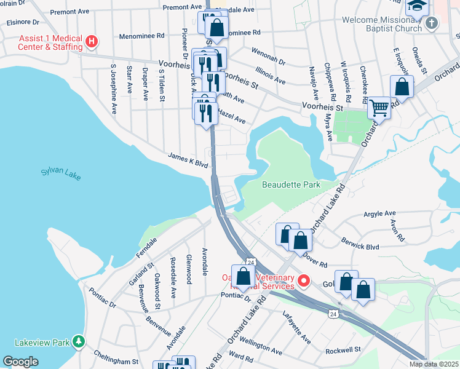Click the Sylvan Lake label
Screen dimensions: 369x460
tap(60, 174)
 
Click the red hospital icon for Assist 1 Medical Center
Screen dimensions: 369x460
tap(92, 42)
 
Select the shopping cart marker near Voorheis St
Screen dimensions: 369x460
tap(379, 108)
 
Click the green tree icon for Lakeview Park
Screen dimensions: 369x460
tap(78, 341)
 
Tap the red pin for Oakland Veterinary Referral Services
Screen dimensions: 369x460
tap(303, 280)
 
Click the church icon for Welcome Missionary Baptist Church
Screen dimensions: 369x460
tap(432, 23)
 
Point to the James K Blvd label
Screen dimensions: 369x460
tap(188, 161)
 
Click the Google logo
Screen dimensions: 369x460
tap(20, 362)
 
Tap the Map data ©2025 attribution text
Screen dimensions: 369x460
tap(433, 364)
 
